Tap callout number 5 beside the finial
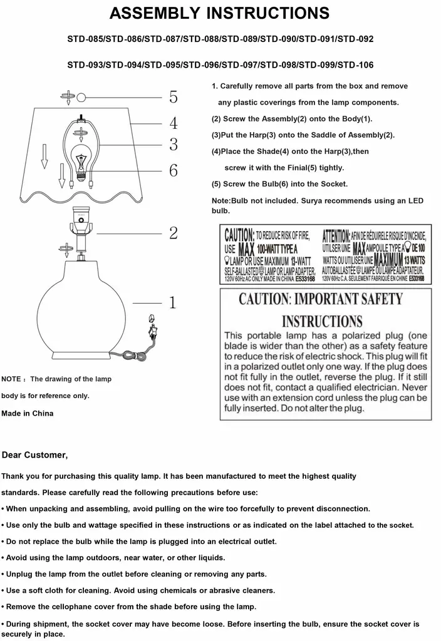pos(174,97)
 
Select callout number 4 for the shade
pos(174,123)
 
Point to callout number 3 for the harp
pos(174,145)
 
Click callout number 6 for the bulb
pos(174,170)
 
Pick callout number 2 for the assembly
pos(174,233)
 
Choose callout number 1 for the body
pos(174,304)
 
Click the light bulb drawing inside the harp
pos(80,160)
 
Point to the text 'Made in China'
pos(28,413)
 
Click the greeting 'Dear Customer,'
pos(34,454)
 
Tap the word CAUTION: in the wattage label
pos(239,236)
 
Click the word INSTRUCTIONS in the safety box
pos(322,322)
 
